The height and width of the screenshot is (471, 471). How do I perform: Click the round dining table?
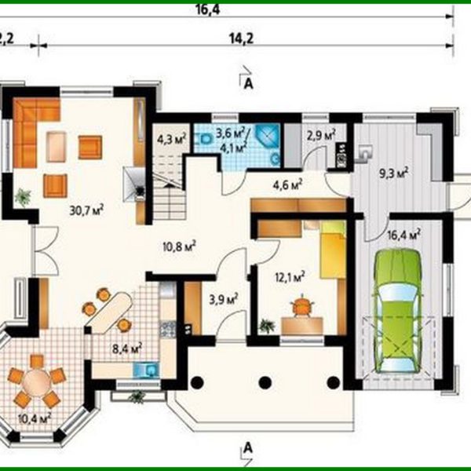coord(36,381)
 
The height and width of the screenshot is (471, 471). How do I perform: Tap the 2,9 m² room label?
coord(321,134)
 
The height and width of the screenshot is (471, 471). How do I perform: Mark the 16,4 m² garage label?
coord(403,233)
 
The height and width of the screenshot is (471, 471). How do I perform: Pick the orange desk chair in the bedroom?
coord(301,307)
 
